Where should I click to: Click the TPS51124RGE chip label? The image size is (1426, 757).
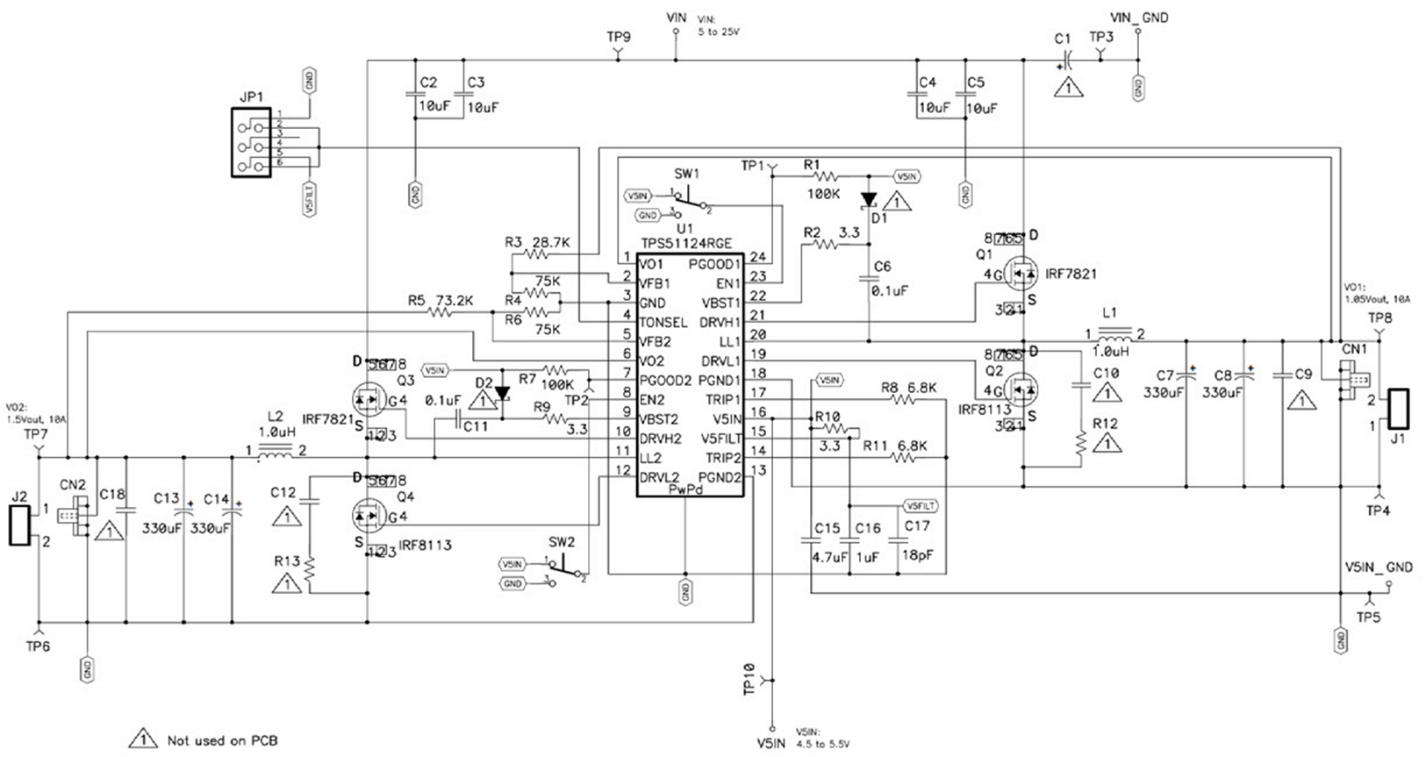685,244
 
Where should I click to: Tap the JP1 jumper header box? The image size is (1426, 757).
250,142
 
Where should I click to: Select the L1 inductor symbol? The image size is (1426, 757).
1115,334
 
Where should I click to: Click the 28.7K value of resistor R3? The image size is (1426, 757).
552,242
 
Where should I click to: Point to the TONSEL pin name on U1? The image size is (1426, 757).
663,322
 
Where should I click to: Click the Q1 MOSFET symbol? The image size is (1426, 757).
1019,274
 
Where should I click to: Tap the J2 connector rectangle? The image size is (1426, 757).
18,525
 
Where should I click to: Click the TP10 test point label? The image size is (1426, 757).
749,678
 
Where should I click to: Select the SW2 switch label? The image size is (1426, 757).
562,542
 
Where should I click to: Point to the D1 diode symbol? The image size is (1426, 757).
868,200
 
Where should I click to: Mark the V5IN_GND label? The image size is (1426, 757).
1378,568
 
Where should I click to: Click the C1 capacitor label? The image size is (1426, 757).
1063,39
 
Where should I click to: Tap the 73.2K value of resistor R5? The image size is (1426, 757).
455,300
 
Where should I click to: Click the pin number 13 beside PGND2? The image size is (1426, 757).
759,470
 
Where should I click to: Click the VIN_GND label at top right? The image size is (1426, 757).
1139,17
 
